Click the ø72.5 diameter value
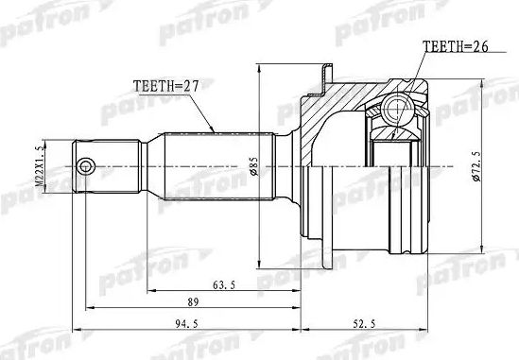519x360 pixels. tap(484, 170)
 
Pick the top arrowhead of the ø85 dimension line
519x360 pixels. tap(260, 66)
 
